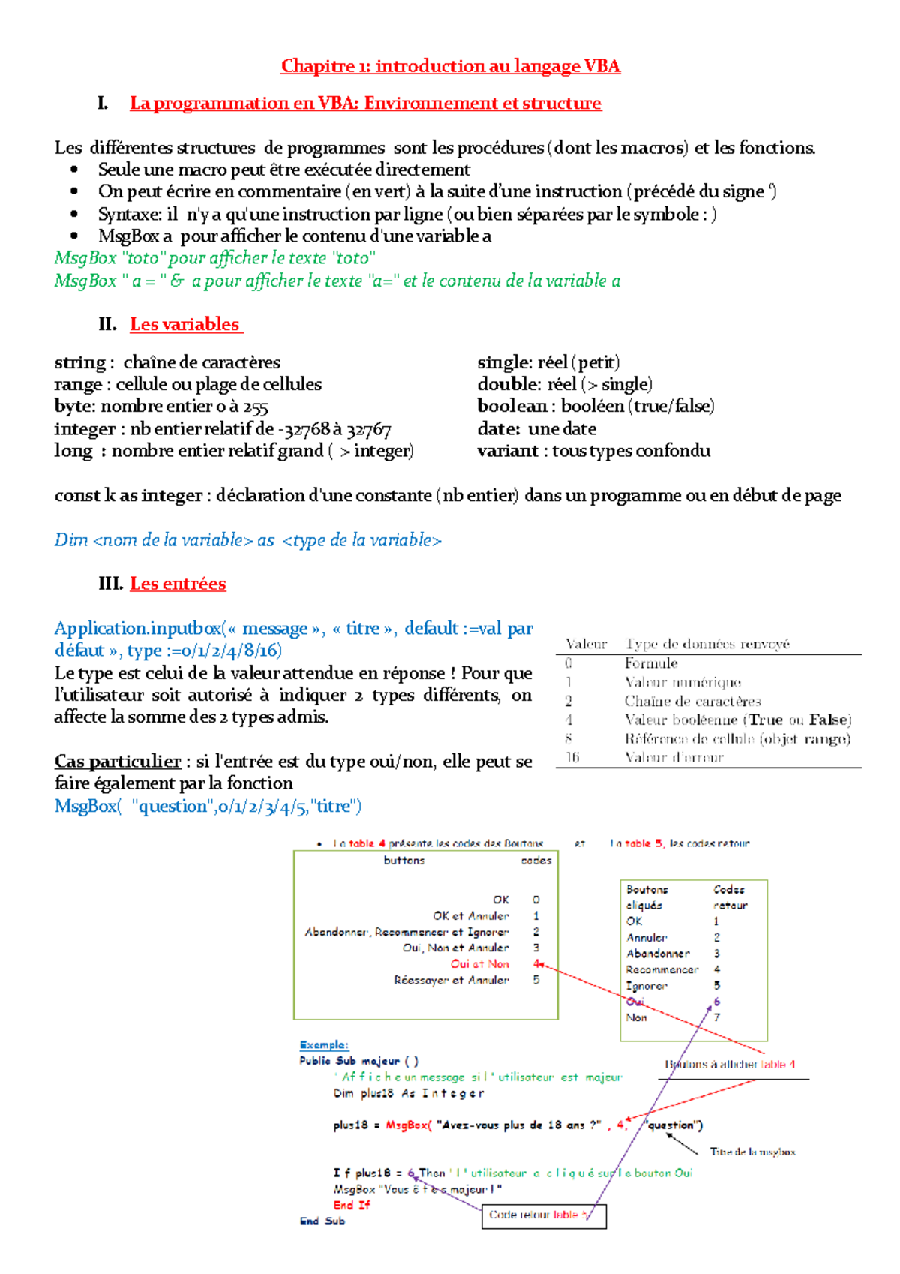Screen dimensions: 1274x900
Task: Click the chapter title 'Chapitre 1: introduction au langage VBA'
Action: (x=450, y=66)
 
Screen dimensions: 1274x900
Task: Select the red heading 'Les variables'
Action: (x=184, y=324)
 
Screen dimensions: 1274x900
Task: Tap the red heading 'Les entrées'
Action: (x=178, y=584)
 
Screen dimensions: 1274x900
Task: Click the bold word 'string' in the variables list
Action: (x=79, y=362)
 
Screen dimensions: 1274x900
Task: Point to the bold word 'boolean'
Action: (x=512, y=406)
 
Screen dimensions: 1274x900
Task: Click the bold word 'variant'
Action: (x=508, y=451)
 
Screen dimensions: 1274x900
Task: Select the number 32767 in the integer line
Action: (x=368, y=429)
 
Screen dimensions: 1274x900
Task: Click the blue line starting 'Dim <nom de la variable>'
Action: (x=247, y=540)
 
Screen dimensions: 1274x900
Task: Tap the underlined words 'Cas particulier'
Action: (x=118, y=761)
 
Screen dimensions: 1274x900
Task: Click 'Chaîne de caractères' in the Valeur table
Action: (x=692, y=701)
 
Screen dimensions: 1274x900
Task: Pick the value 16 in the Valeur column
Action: (x=572, y=757)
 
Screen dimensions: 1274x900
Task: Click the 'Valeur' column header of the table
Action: (x=586, y=644)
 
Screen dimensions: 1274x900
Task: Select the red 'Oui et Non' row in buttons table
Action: (x=479, y=964)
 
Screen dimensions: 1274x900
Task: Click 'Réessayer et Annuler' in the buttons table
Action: (x=451, y=980)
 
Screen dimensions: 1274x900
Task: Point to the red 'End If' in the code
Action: (x=352, y=1205)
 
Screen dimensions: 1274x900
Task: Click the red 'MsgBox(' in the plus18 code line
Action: (x=408, y=1125)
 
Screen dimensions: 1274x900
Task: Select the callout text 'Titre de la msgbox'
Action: (x=752, y=1152)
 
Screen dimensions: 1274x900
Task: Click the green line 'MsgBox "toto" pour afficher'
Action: (x=215, y=258)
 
